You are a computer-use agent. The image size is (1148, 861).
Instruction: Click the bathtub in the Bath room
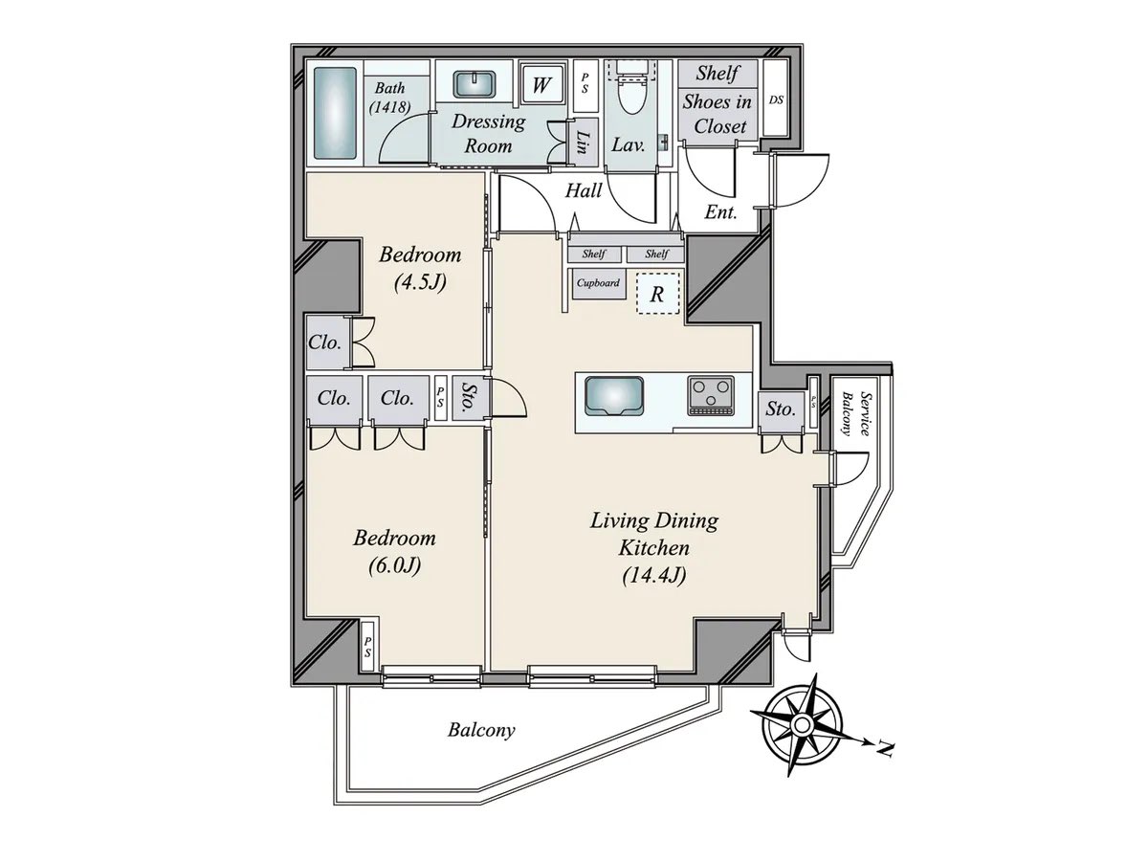click(335, 113)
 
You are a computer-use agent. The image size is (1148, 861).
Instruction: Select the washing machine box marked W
click(541, 84)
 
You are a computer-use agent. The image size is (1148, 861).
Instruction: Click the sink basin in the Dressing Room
click(475, 85)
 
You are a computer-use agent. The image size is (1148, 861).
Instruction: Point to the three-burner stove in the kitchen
click(711, 395)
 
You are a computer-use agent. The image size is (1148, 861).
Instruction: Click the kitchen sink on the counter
click(614, 396)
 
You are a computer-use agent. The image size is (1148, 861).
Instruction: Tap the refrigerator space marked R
click(657, 294)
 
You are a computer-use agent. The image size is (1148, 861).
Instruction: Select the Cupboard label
click(598, 283)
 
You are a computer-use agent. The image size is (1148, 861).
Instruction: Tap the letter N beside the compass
click(884, 749)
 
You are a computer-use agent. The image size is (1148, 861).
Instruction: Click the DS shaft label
click(776, 99)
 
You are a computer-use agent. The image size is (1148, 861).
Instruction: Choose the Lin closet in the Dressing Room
click(583, 143)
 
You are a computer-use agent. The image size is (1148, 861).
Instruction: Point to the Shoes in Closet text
click(717, 114)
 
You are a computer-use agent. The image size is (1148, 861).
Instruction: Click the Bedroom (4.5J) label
click(421, 268)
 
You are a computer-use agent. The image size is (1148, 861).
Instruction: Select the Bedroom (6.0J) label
click(394, 552)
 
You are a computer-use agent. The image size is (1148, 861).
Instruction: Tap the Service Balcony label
click(855, 414)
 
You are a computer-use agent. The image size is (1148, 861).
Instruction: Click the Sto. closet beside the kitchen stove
click(781, 408)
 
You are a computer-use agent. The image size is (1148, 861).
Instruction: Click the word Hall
click(584, 190)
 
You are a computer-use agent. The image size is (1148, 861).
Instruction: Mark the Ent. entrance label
click(720, 211)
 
